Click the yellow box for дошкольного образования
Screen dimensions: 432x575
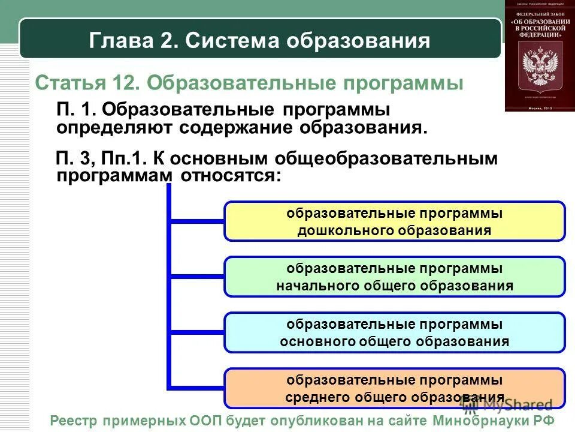tap(394, 221)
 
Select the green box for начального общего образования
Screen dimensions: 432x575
tap(394, 277)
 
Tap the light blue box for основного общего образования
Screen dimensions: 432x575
tap(394, 332)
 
